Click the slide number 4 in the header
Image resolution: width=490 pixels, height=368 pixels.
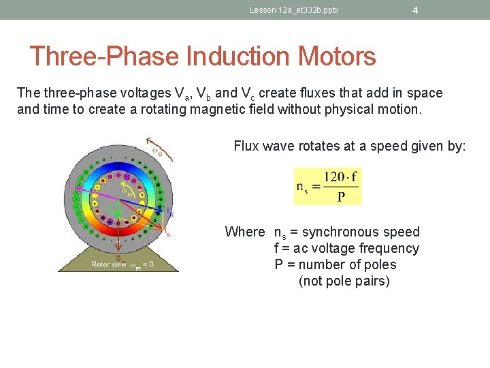(x=415, y=10)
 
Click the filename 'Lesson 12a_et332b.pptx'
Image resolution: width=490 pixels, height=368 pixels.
(x=294, y=10)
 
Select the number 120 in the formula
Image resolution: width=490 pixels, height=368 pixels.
(x=334, y=177)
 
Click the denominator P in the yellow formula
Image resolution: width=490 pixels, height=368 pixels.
(x=341, y=196)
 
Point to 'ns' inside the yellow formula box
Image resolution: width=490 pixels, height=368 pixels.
(x=302, y=187)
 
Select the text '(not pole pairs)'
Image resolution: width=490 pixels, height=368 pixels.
(x=344, y=281)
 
